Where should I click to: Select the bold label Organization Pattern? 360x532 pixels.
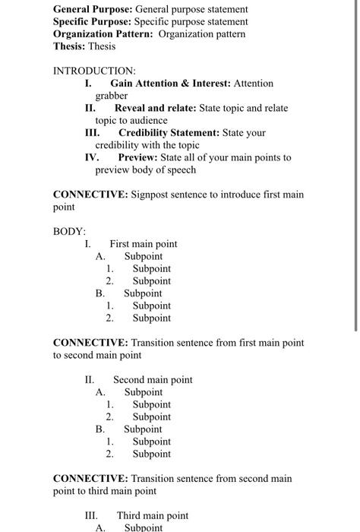pos(103,34)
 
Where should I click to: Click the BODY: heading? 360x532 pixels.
pos(69,231)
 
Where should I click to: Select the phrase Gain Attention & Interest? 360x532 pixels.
pos(171,83)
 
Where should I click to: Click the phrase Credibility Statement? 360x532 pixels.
pos(169,132)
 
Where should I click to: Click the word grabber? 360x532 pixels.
pos(112,96)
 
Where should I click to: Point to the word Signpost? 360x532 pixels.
pos(151,195)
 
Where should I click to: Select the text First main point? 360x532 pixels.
pos(143,244)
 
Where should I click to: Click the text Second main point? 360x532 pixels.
pos(153,379)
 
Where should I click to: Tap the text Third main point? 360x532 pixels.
pos(152,515)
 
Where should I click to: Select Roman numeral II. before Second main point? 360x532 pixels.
pos(90,379)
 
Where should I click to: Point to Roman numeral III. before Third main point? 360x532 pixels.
pos(91,515)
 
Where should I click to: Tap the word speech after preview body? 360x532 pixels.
pos(182,169)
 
